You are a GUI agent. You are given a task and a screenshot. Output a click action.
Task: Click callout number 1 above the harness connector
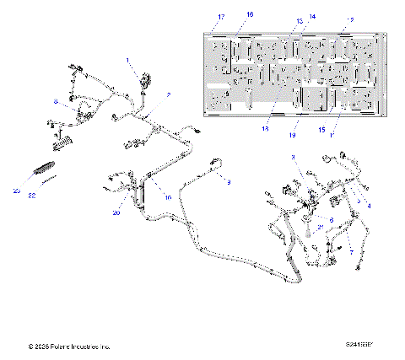[129, 60]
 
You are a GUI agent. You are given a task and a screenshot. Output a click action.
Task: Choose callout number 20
[117, 214]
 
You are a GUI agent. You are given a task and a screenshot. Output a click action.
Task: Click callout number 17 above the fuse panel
[222, 17]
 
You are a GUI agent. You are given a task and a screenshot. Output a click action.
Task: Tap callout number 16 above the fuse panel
[250, 15]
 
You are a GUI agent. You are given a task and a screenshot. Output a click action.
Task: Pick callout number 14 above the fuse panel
[289, 17]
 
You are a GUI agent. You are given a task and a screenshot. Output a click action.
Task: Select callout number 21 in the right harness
[320, 228]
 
